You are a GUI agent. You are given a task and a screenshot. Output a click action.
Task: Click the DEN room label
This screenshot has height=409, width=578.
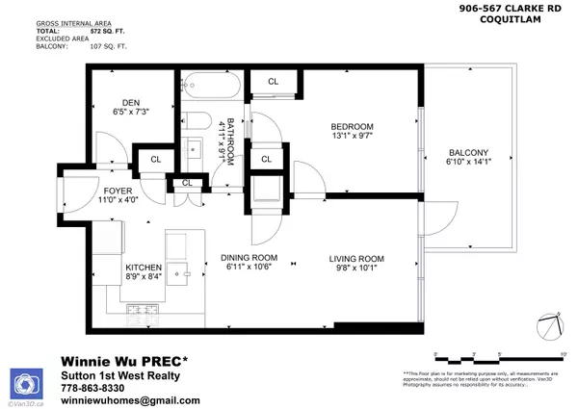point(131,103)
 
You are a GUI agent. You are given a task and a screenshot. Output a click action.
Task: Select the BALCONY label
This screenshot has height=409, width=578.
point(469,153)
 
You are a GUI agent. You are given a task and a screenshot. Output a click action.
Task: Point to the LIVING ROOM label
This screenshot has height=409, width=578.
point(356,258)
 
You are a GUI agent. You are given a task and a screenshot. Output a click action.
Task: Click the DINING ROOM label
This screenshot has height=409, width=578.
point(249,258)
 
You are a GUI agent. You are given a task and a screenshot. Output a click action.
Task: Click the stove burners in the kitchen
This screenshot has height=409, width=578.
point(144,310)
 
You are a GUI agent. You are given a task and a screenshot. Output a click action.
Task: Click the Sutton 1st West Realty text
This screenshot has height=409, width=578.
point(120,374)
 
